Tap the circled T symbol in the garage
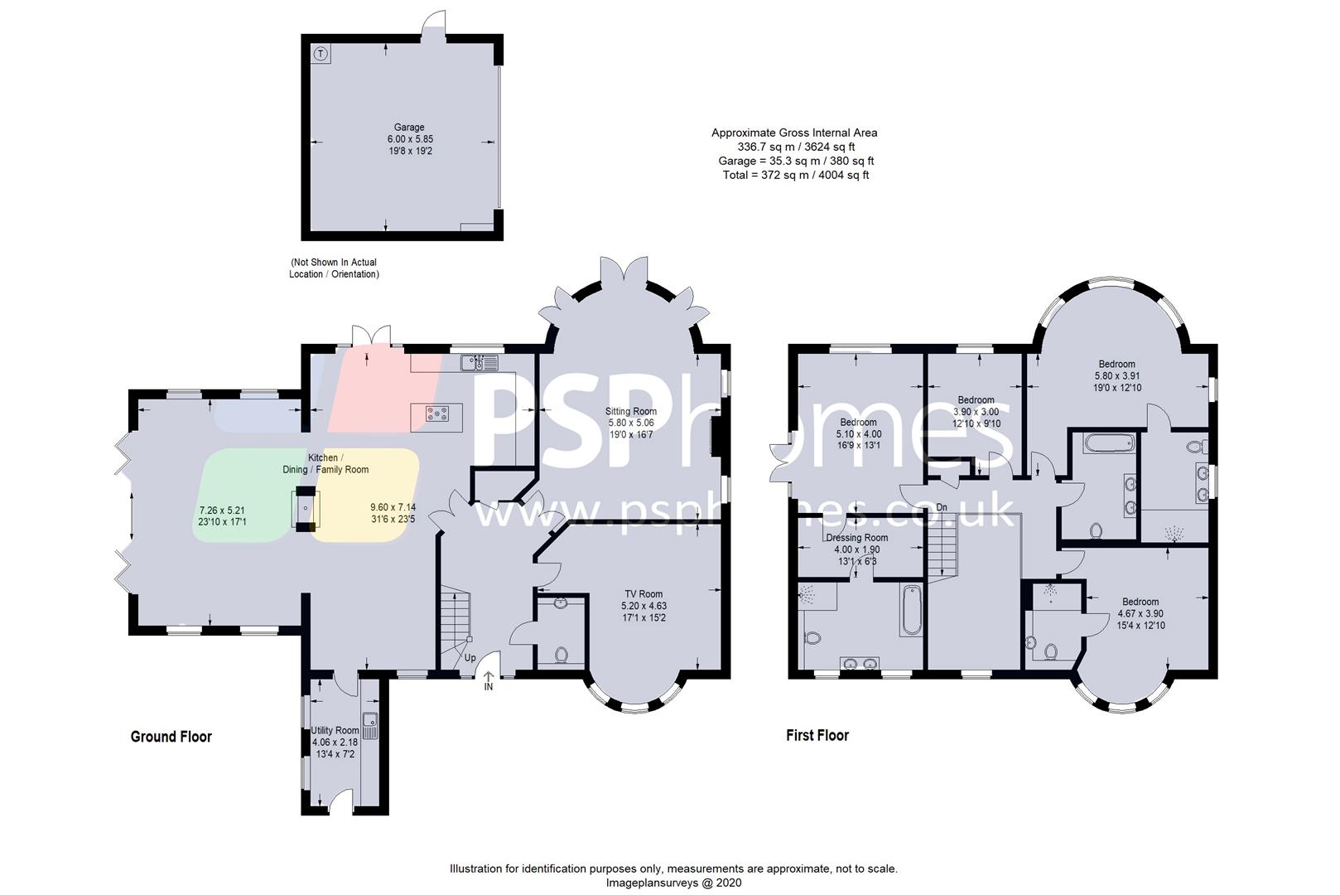pyautogui.click(x=321, y=54)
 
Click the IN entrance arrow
pyautogui.click(x=488, y=680)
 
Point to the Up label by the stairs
pyautogui.click(x=470, y=657)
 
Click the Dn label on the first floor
pyautogui.click(x=942, y=508)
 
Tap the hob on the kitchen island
pyautogui.click(x=436, y=414)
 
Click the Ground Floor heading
pyautogui.click(x=171, y=737)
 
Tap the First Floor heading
pyautogui.click(x=817, y=735)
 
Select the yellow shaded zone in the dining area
pyautogui.click(x=365, y=495)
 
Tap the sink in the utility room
pyautogui.click(x=369, y=726)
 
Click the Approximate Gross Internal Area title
pyautogui.click(x=794, y=133)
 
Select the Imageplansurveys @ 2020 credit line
pyautogui.click(x=673, y=883)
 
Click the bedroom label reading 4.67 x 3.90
pyautogui.click(x=1140, y=613)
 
